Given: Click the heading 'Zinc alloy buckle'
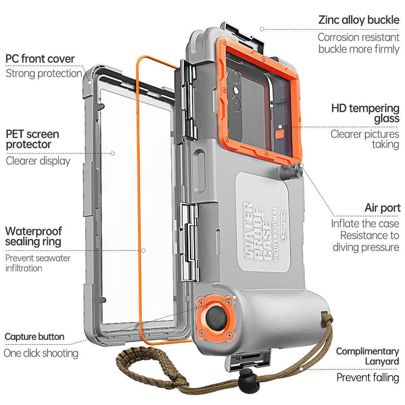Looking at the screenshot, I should [x=359, y=20].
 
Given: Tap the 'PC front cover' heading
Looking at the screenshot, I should [x=40, y=59].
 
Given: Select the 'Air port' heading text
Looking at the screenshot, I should [x=382, y=208].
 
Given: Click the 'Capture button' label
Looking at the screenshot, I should [x=34, y=337].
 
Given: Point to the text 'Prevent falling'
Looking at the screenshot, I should [x=368, y=377].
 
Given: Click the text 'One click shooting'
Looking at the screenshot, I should [x=41, y=353].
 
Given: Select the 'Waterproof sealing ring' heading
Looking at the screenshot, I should [x=33, y=237].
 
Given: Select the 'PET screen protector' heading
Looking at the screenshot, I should [x=32, y=139].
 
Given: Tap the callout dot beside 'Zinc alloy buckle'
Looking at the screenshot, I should [x=262, y=29].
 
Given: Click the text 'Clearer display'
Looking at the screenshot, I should [x=38, y=161].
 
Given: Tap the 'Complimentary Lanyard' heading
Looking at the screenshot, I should [x=367, y=356].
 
